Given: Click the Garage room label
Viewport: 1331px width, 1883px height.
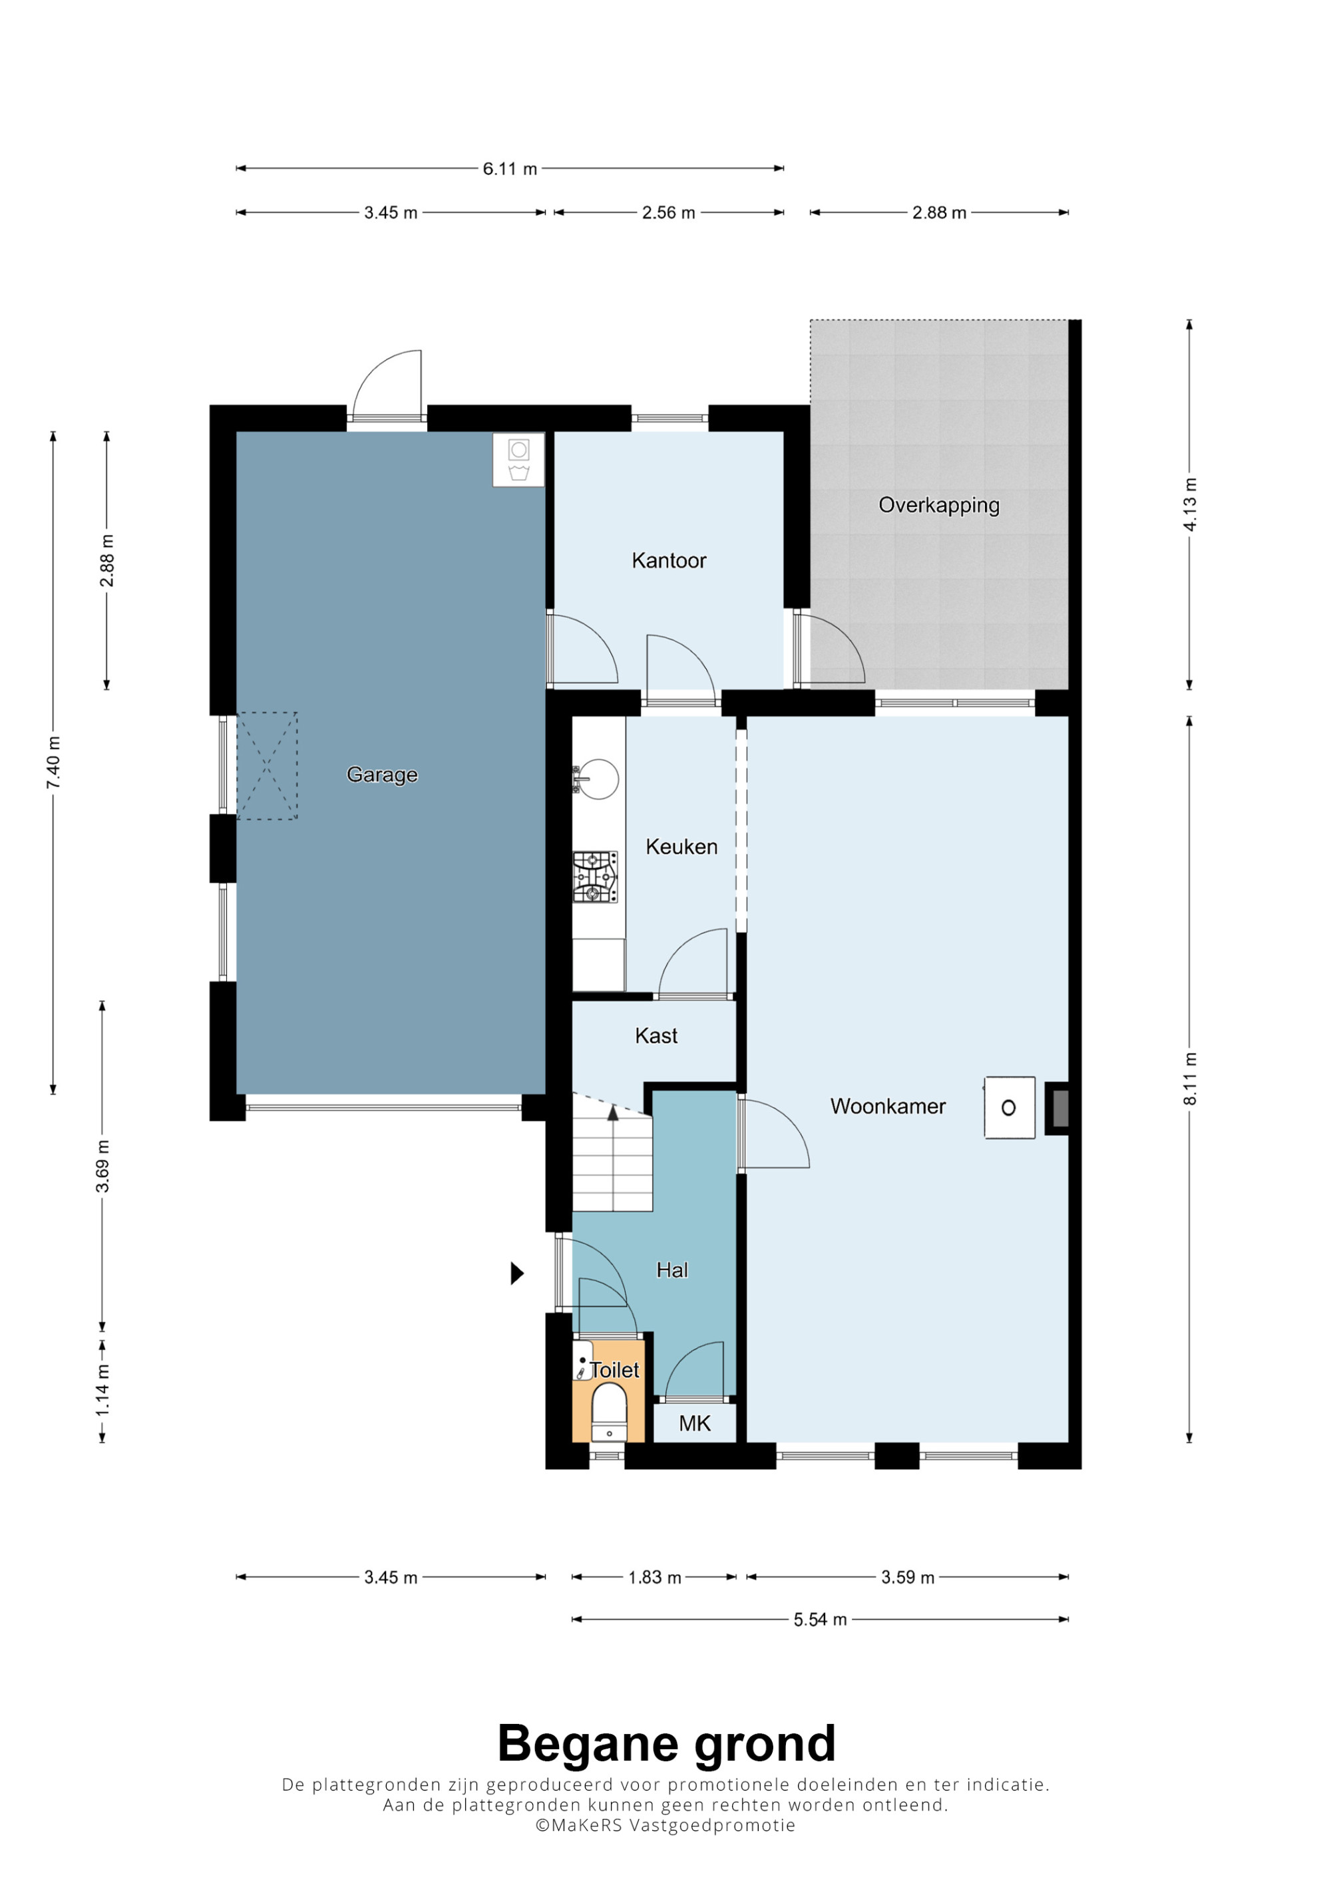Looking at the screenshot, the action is click(382, 774).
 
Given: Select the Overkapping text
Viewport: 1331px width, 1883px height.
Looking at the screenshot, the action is click(939, 505).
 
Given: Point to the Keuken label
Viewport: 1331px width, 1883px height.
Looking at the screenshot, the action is click(681, 846).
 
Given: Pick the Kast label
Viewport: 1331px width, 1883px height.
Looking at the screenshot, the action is click(656, 1036).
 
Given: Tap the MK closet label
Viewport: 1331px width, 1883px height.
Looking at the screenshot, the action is click(695, 1424).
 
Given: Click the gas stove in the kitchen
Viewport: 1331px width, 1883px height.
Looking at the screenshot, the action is click(596, 878).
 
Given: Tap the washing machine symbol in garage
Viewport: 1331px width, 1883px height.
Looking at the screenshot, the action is click(518, 460).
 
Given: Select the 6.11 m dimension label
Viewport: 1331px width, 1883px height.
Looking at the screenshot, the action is click(509, 169).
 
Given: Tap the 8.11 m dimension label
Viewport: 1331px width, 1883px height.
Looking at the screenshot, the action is click(1190, 1079).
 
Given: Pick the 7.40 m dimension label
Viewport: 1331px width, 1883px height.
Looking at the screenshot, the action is click(53, 763).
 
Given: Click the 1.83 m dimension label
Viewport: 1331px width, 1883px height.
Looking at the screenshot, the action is click(654, 1577).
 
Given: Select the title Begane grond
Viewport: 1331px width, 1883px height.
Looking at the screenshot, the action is click(666, 1743).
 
